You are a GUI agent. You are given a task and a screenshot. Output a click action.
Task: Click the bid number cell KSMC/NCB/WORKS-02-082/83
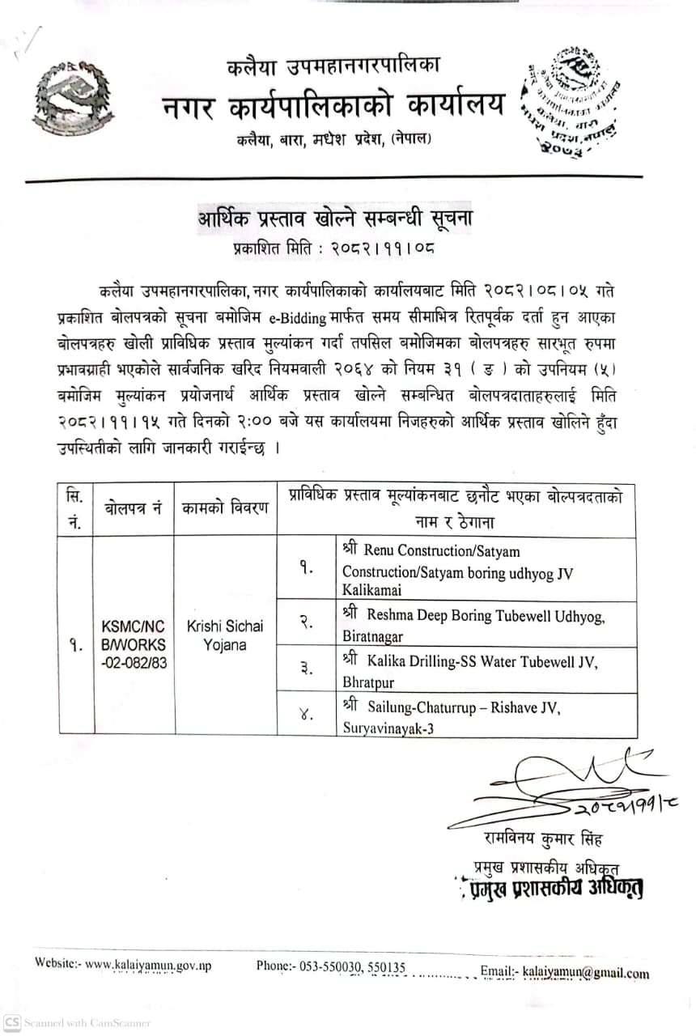[134, 635]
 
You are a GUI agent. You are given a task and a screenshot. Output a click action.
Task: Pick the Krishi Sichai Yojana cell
[224, 635]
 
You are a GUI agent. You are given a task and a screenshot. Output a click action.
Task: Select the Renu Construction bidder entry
[457, 571]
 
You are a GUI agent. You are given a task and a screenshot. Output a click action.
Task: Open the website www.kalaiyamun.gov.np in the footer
[148, 965]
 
